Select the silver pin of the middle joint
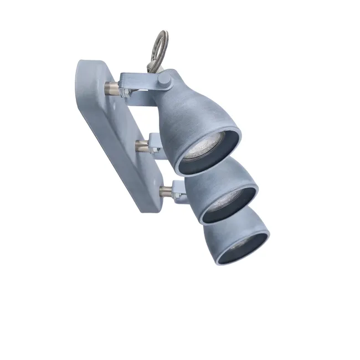coord(141,146)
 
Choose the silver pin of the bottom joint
coord(165,192)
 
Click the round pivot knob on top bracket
coord(163,82)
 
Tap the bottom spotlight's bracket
coord(178,191)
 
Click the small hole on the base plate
coord(116,103)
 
